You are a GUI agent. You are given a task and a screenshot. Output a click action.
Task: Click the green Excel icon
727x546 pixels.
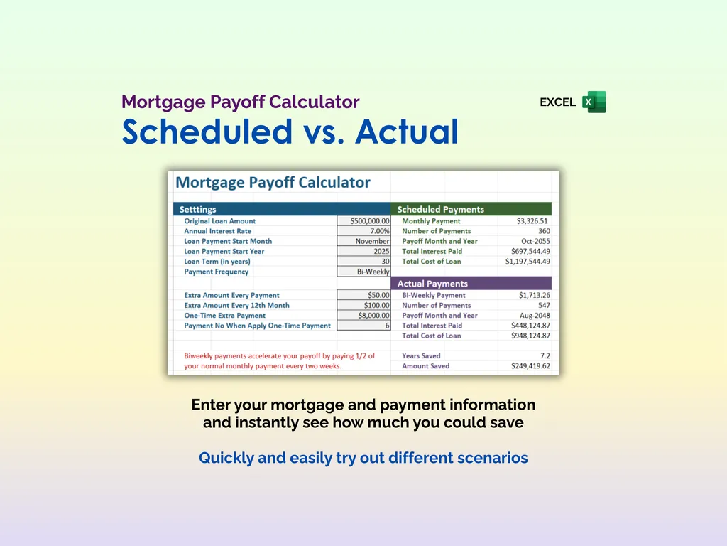point(594,102)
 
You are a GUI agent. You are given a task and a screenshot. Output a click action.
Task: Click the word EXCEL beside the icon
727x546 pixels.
point(557,102)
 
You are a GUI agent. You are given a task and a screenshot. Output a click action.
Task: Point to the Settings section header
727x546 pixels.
point(198,210)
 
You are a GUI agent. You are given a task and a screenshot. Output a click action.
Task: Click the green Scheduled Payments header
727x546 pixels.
point(440,210)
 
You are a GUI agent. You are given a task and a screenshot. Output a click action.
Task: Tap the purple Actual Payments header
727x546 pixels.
point(432,284)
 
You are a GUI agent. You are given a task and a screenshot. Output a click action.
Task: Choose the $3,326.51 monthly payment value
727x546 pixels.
point(532,221)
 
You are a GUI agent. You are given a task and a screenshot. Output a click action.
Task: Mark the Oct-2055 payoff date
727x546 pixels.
point(535,241)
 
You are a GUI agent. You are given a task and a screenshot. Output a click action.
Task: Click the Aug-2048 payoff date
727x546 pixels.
point(535,316)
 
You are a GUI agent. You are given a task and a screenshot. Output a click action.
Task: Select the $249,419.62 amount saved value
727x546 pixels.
point(530,366)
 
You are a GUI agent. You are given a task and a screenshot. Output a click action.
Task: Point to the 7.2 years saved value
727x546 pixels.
point(544,355)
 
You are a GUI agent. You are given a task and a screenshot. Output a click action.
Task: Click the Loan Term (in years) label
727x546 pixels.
point(217,262)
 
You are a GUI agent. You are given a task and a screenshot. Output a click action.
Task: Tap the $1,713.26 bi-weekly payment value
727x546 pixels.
point(532,295)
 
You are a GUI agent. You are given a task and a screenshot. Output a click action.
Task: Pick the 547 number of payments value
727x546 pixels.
point(543,306)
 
